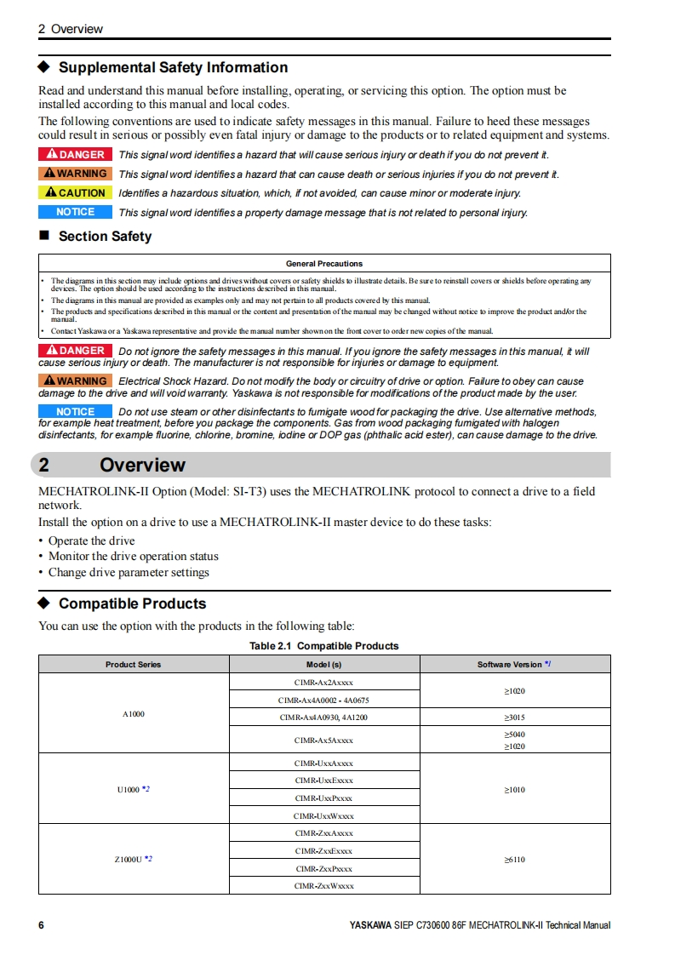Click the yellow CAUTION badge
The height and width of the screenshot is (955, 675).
pos(75,193)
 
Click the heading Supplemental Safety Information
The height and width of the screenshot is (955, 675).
pos(173,67)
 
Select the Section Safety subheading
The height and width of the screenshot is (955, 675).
pos(105,236)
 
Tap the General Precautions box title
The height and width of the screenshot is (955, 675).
pos(324,264)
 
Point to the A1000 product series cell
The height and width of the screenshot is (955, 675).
pos(133,713)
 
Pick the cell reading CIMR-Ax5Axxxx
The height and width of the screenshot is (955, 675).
pos(323,740)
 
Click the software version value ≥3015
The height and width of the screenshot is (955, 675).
pos(514,718)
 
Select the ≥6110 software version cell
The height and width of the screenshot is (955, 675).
pos(514,859)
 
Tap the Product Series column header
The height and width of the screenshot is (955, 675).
pos(133,664)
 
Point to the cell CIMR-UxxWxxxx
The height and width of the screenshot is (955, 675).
pos(323,815)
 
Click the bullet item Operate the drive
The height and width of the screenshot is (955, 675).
pos(91,540)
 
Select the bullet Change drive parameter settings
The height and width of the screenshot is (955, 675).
pos(129,572)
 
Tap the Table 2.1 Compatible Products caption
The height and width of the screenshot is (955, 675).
pos(323,646)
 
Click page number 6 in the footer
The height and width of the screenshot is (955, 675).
pos(41,925)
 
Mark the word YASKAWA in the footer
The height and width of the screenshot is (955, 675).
pos(370,925)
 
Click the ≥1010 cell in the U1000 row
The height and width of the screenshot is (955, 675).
pos(514,790)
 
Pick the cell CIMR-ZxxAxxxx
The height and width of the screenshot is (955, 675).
pos(323,832)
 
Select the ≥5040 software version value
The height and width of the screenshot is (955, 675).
pos(514,734)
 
